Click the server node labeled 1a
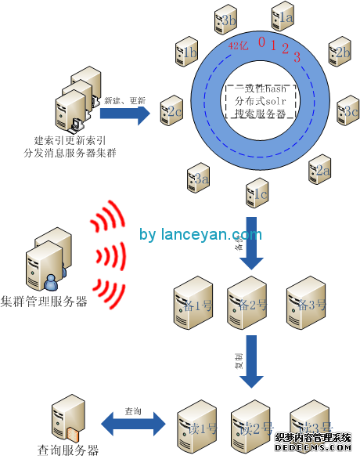283,15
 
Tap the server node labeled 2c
172,110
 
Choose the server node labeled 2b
339,52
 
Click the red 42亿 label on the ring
238,46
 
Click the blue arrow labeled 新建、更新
125,114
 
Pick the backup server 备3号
307,300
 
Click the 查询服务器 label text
69,450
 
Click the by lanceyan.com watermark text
200,234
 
